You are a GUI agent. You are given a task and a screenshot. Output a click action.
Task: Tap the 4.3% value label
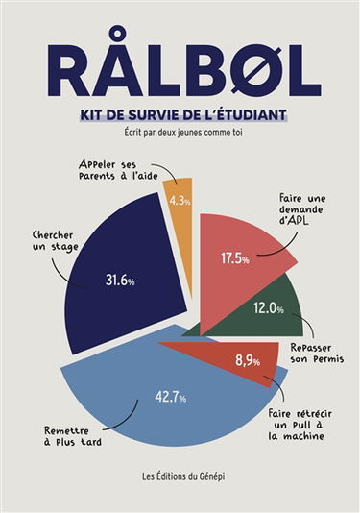pos(180,201)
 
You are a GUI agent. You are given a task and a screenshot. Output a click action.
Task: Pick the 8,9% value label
pos(247,360)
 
